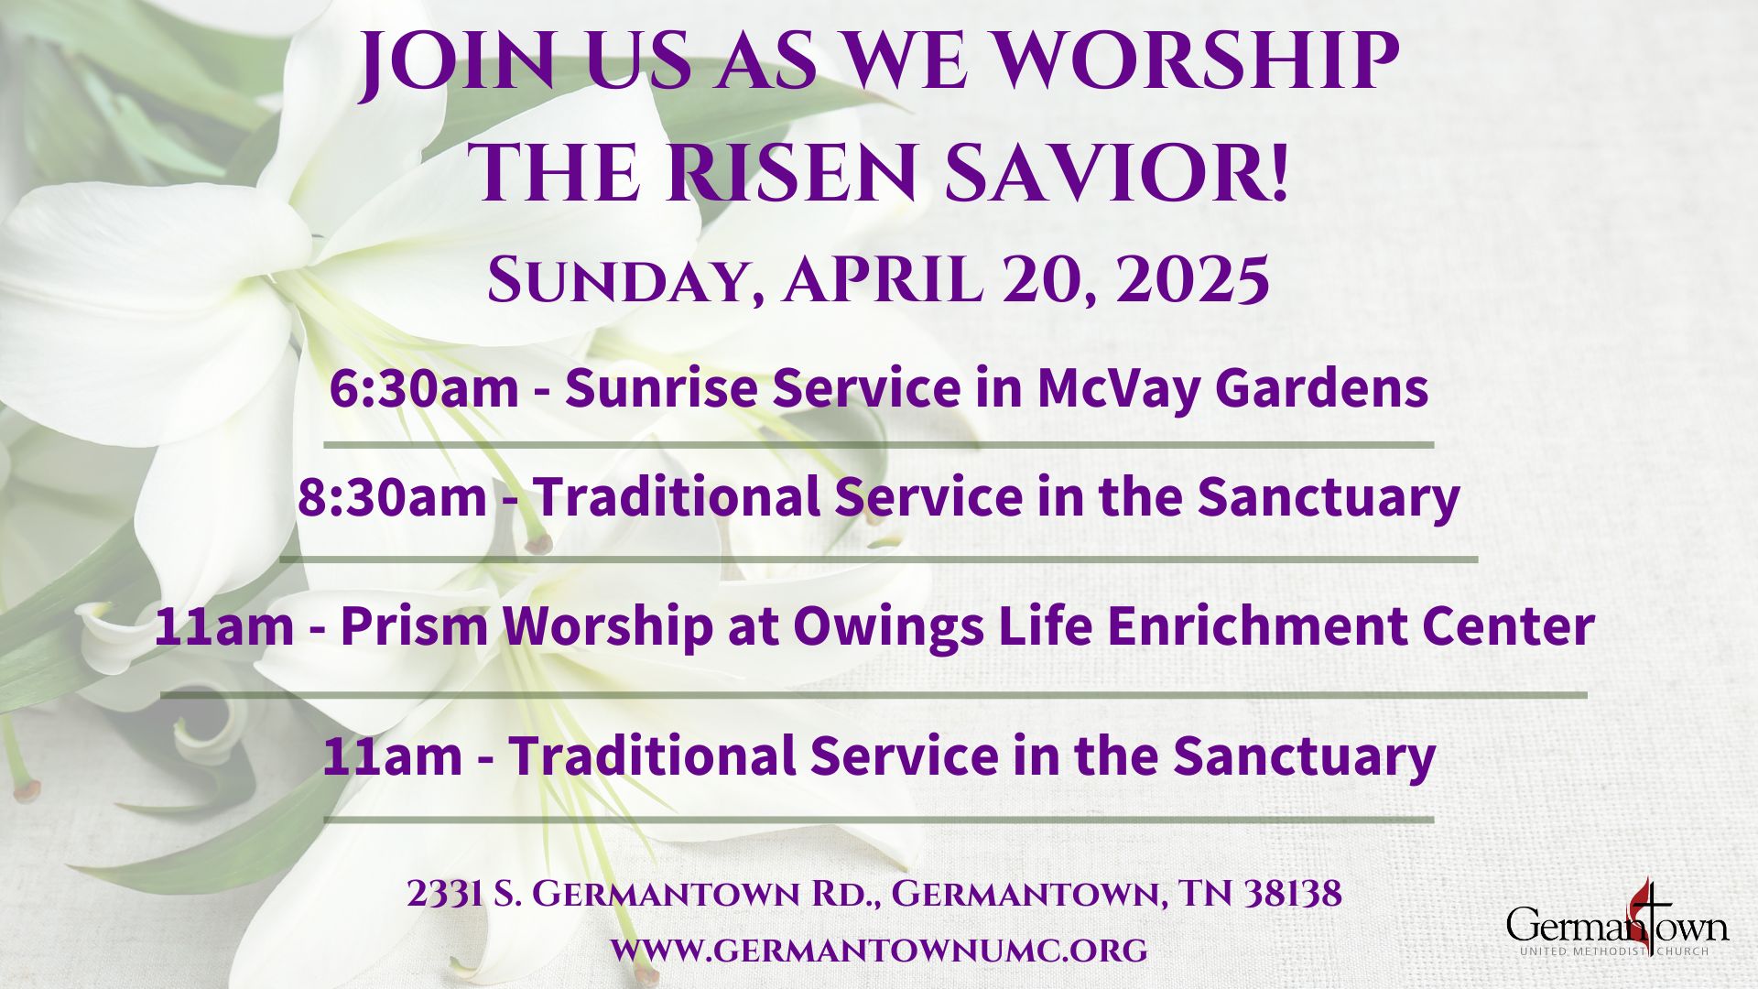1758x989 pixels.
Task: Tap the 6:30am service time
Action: tap(424, 388)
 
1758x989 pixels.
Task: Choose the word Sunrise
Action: tap(662, 388)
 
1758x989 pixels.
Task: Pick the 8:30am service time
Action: tap(392, 497)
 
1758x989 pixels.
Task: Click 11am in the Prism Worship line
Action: tap(224, 626)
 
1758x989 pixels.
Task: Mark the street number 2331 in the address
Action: tap(445, 894)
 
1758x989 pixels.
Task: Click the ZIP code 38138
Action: tap(1292, 894)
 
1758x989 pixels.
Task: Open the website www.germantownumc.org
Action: tap(879, 950)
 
